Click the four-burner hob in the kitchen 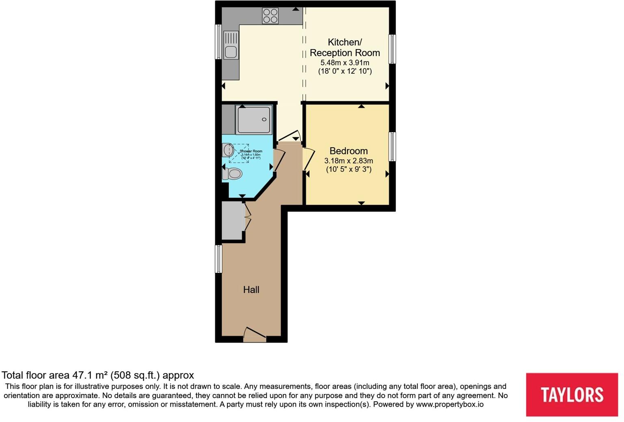pyautogui.click(x=270, y=16)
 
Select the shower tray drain pyautogui.click(x=264, y=120)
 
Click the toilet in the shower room pyautogui.click(x=233, y=174)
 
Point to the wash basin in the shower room pyautogui.click(x=228, y=150)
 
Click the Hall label pyautogui.click(x=251, y=289)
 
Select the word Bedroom pyautogui.click(x=348, y=151)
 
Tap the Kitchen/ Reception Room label pyautogui.click(x=345, y=47)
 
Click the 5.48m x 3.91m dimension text pyautogui.click(x=345, y=63)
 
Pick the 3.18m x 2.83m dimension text pyautogui.click(x=348, y=161)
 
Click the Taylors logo pyautogui.click(x=572, y=394)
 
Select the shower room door pyautogui.click(x=279, y=161)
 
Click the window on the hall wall pyautogui.click(x=218, y=259)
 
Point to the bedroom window pyautogui.click(x=392, y=146)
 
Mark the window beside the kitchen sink pyautogui.click(x=218, y=42)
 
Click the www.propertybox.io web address pyautogui.click(x=449, y=404)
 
